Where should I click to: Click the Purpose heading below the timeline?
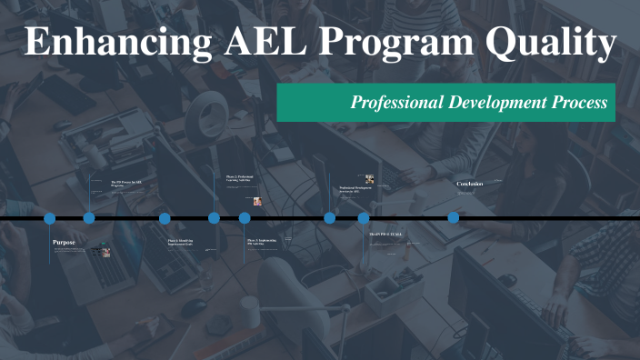coord(64,243)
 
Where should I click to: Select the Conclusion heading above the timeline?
coord(469,184)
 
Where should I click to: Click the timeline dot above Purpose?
coord(50,218)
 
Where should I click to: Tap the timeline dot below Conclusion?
coord(454,218)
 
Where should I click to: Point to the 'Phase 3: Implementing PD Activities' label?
coord(263,242)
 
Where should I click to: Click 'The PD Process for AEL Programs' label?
coord(126,184)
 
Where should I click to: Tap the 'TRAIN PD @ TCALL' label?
coord(385,235)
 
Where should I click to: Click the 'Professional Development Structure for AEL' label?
coord(355,190)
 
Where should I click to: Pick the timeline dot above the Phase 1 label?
coord(165,218)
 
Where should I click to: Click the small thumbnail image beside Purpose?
coord(105,253)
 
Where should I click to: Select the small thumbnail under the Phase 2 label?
coord(258,201)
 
